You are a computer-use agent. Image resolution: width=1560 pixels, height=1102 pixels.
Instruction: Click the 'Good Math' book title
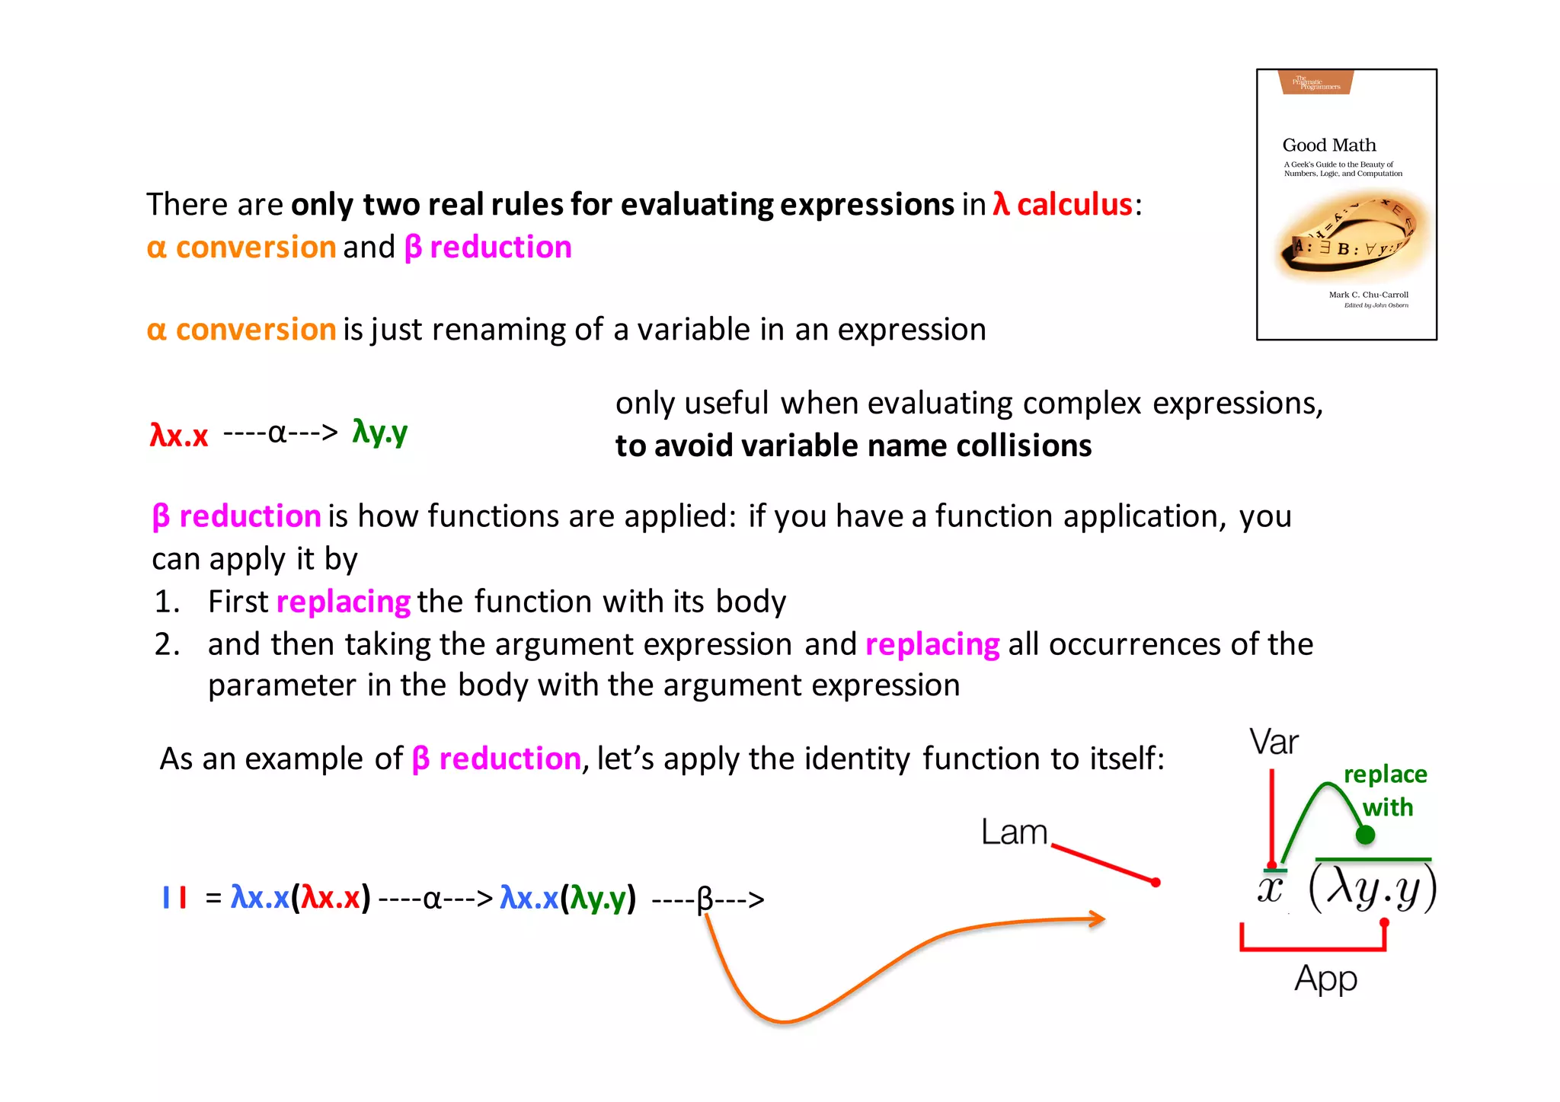click(x=1328, y=145)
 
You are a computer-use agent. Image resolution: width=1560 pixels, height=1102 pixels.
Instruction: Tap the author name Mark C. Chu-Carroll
click(x=1368, y=295)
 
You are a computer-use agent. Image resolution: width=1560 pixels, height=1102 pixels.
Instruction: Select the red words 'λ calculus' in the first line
click(x=1063, y=205)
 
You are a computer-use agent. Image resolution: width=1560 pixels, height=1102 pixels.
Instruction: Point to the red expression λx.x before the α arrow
click(x=179, y=435)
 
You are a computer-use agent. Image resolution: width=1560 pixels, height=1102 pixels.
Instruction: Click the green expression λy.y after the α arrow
click(x=379, y=432)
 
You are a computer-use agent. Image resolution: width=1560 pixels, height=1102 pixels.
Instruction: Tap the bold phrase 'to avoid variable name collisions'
click(x=853, y=446)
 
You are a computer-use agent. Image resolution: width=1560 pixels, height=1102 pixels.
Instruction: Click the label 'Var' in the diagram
click(x=1273, y=742)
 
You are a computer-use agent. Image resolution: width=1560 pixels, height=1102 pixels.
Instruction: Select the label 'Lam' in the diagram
click(x=1014, y=832)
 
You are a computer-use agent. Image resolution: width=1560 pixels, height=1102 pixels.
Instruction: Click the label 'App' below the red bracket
click(x=1325, y=979)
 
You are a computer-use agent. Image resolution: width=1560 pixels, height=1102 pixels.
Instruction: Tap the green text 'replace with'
click(x=1386, y=791)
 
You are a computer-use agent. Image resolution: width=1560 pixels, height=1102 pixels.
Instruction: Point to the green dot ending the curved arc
click(x=1365, y=835)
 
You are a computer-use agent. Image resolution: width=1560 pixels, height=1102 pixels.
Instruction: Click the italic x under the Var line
click(x=1270, y=888)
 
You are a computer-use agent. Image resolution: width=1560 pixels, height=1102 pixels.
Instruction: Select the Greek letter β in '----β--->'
click(x=705, y=899)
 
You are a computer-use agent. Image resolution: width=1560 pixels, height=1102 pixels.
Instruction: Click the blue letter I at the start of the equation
click(x=166, y=897)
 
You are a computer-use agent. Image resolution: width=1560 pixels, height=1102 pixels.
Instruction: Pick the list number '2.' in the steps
click(x=167, y=644)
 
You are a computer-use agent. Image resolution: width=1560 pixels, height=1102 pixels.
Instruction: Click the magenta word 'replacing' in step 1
click(x=344, y=602)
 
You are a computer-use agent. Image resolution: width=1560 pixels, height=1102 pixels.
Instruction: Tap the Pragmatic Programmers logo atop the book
click(x=1316, y=82)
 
